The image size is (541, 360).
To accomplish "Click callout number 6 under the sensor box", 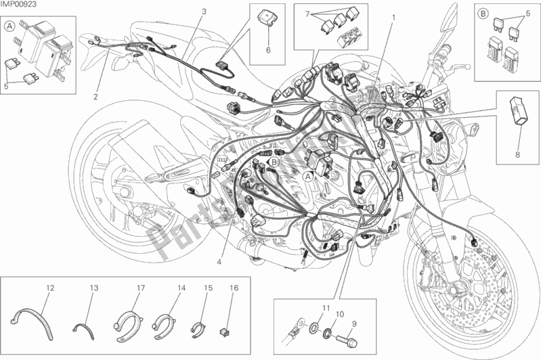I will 267,50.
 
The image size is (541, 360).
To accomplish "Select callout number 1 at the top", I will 393,14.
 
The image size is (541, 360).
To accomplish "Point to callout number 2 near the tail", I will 95,95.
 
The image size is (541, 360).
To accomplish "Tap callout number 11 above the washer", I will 326,309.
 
